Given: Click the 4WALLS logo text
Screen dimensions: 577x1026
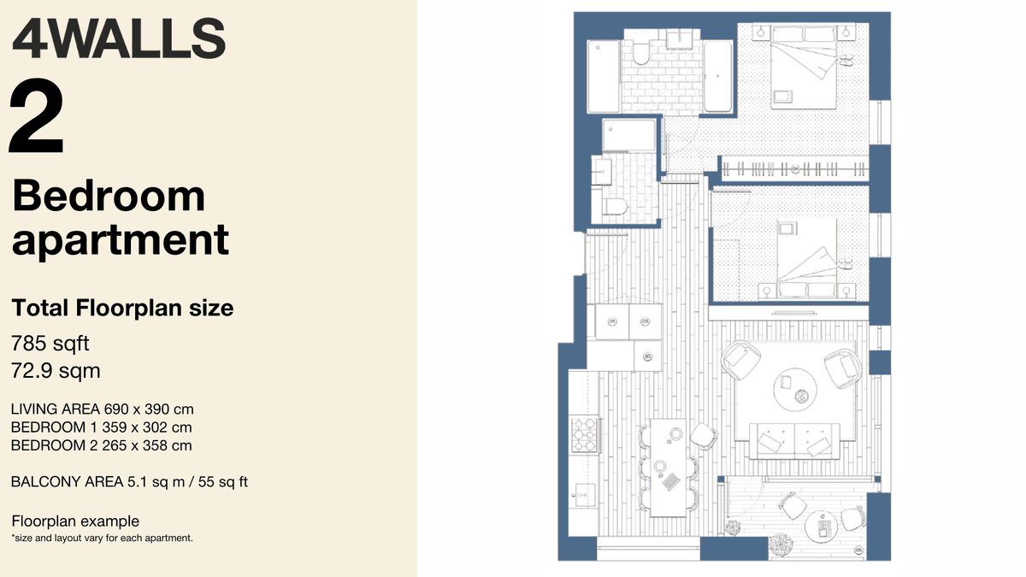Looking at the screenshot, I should pyautogui.click(x=119, y=38).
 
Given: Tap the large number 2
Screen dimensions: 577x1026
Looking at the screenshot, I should pyautogui.click(x=38, y=116).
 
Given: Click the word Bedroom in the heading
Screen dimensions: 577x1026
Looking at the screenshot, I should pyautogui.click(x=109, y=197).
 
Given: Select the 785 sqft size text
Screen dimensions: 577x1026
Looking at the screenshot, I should pyautogui.click(x=50, y=344).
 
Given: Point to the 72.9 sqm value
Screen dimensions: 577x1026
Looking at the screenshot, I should pyautogui.click(x=56, y=371).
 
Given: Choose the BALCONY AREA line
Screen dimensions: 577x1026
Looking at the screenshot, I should pyautogui.click(x=129, y=482).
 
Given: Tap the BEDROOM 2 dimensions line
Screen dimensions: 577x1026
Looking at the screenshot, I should pyautogui.click(x=102, y=445).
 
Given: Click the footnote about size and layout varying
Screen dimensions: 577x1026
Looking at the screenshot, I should pyautogui.click(x=103, y=539).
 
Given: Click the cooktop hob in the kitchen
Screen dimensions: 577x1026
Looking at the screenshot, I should pyautogui.click(x=585, y=433).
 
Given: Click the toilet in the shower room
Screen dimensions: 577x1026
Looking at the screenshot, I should pyautogui.click(x=615, y=205).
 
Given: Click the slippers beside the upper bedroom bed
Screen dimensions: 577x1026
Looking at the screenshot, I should pyautogui.click(x=846, y=61).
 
